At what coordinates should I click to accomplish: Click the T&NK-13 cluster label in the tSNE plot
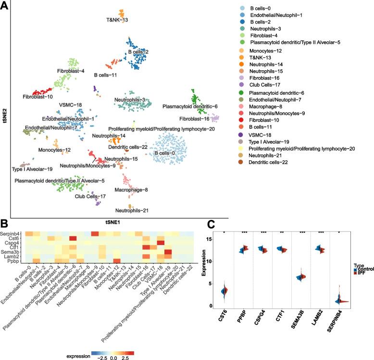pyautogui.click(x=117, y=20)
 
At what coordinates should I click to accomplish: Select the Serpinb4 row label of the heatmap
pyautogui.click(x=12, y=233)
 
